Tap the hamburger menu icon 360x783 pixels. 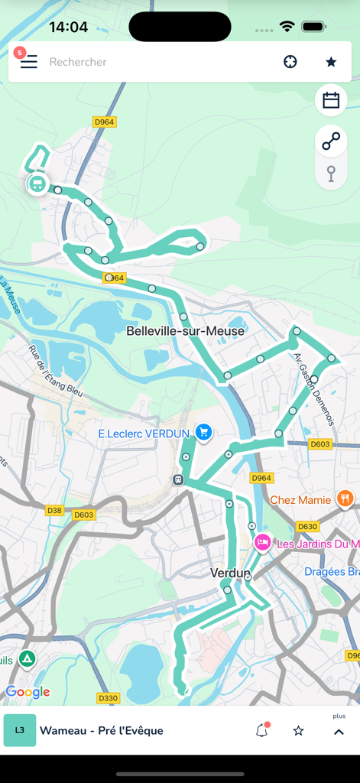28,62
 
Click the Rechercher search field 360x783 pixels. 153,62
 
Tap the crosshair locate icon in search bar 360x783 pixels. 290,62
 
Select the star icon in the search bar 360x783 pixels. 331,62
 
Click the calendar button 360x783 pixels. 331,100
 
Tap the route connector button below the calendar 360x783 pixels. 331,141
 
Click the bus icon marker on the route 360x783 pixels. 36,184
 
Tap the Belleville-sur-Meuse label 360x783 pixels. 185,331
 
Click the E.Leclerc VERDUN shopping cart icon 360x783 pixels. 203,433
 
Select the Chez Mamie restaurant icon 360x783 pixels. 345,499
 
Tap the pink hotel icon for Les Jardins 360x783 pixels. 262,542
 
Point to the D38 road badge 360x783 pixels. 54,510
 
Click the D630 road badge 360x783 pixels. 307,527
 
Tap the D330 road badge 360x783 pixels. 109,698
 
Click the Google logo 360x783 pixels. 28,692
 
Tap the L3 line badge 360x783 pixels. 20,730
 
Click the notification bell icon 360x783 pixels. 261,731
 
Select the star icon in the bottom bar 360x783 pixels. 299,731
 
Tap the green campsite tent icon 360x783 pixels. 28,658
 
